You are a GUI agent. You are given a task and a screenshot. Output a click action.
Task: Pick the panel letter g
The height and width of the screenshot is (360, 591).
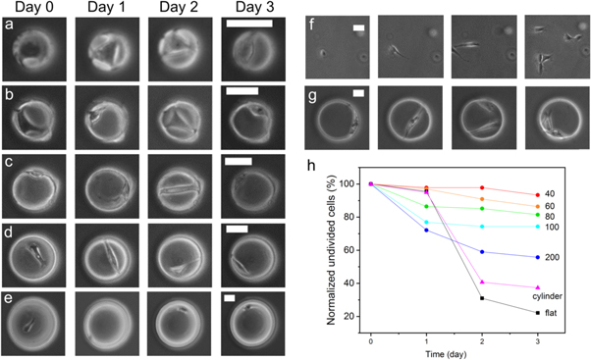pos(313,94)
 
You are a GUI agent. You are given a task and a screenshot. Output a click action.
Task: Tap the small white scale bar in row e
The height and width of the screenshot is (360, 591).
pos(230,295)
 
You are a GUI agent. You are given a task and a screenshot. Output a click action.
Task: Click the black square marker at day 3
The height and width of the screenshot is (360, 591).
pos(536,313)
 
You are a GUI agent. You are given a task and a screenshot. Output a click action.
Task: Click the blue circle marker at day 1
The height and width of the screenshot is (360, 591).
pos(427,231)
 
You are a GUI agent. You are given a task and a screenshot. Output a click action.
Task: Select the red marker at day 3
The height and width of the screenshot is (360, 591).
pos(536,195)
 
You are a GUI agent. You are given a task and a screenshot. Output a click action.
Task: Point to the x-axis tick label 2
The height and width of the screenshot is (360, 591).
pos(482,340)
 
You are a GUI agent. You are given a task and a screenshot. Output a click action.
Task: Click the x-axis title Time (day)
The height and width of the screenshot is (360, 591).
pos(454,352)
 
